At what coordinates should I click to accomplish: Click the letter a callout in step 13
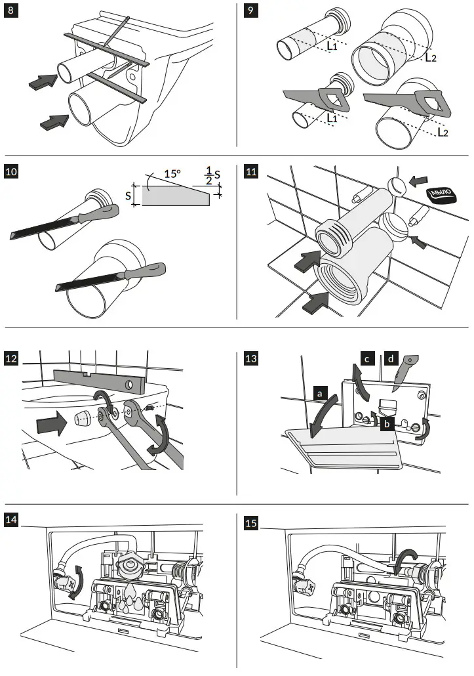tap(320, 393)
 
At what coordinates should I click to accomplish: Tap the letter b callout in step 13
tap(388, 425)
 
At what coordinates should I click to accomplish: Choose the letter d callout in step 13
tap(392, 358)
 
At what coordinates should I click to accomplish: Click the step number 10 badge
tap(12, 173)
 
